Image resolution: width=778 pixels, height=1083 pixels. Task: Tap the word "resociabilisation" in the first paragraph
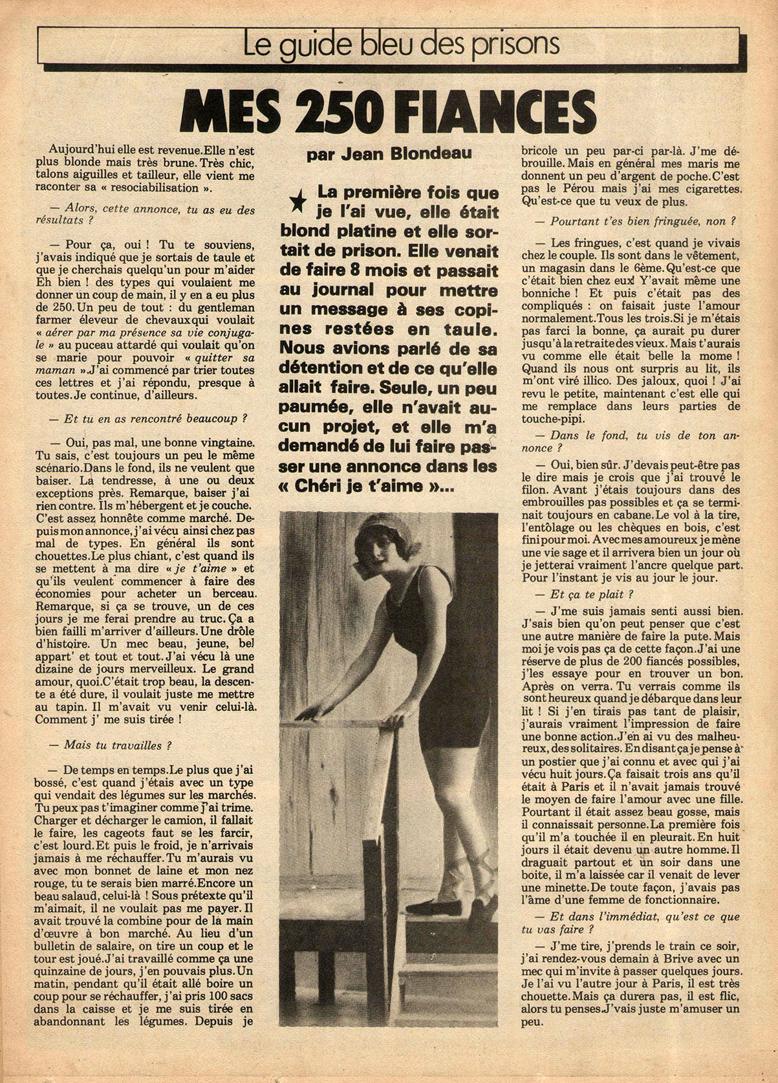pos(173,188)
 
